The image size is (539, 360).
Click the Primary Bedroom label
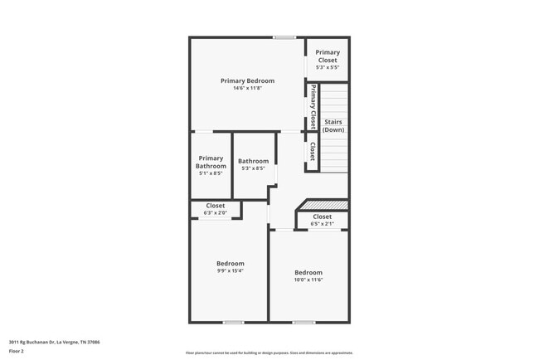point(247,80)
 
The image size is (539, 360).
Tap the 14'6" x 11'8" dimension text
point(247,89)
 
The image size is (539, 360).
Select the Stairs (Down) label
point(333,126)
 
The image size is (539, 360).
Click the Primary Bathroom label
point(211,162)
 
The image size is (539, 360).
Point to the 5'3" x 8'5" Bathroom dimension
point(253,168)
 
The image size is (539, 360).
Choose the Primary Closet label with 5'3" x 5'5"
point(328,56)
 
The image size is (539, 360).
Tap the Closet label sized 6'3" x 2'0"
point(216,206)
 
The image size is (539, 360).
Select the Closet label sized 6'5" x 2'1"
point(322,216)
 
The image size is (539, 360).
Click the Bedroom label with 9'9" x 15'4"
point(230,263)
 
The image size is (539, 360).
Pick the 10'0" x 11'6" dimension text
point(308,280)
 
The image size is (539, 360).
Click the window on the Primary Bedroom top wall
point(284,37)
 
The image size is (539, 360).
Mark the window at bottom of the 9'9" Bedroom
point(233,322)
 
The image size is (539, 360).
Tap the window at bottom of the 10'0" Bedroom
point(303,322)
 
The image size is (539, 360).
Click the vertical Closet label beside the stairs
point(313,151)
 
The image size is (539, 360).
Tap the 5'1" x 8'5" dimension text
point(211,173)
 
